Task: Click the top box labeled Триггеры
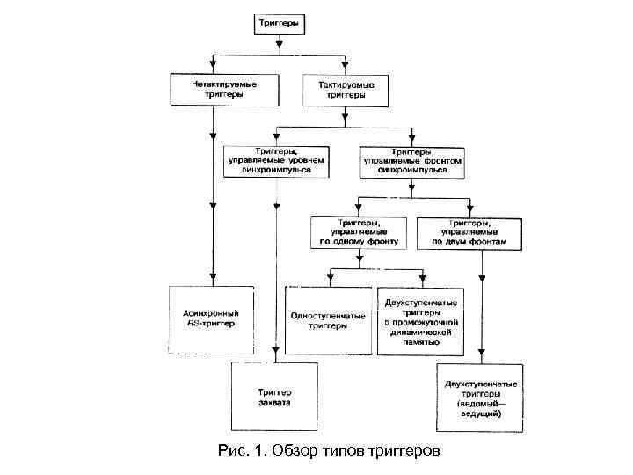280,25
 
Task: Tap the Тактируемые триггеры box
345,89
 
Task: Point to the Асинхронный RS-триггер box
211,319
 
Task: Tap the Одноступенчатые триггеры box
329,319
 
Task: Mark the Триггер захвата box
275,397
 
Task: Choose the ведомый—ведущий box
480,398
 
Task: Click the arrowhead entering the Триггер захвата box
275,356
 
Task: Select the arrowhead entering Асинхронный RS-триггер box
212,279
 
